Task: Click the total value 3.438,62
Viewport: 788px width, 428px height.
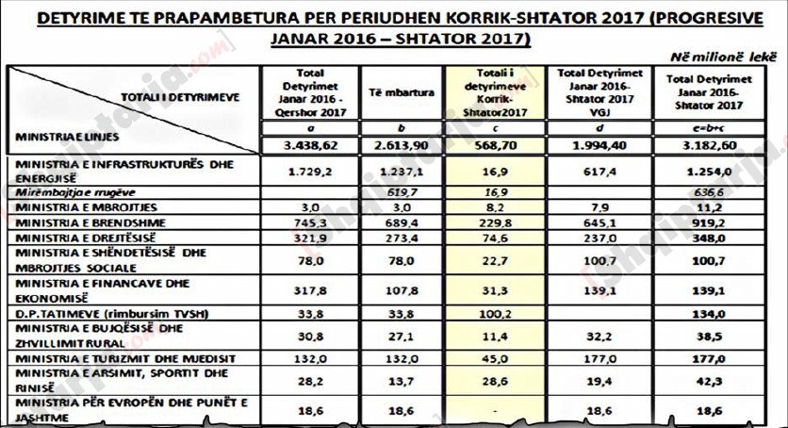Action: click(310, 146)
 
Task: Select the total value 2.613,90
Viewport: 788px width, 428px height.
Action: click(397, 146)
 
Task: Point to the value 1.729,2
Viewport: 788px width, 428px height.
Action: click(310, 171)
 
